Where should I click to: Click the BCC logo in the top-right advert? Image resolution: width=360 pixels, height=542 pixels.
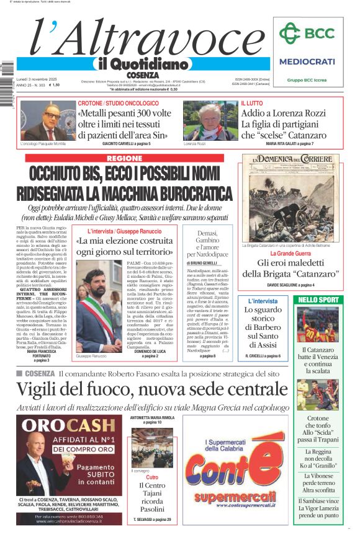(307, 33)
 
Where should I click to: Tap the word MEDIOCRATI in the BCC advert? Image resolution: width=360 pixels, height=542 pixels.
(307, 61)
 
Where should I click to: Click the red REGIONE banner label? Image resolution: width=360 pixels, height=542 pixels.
(125, 159)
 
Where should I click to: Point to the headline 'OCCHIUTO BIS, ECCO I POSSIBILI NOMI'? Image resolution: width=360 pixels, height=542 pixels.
(124, 174)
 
